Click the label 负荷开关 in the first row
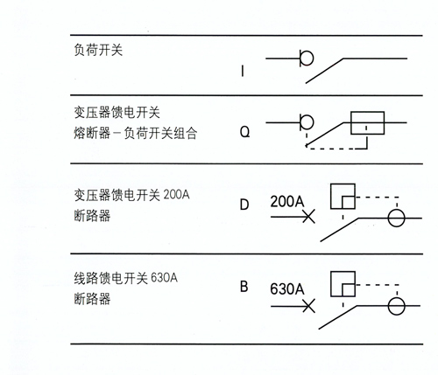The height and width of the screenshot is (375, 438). click(98, 50)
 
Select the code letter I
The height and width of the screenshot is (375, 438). click(243, 71)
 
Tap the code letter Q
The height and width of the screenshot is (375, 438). click(244, 132)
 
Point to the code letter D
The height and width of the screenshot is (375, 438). click(244, 205)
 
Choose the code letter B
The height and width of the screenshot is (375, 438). click(244, 287)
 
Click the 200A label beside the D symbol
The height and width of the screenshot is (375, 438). click(287, 201)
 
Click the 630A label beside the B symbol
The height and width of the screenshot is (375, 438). click(287, 289)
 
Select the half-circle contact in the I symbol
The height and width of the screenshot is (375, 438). click(313, 59)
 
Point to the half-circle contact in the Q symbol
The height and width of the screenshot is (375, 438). click(313, 122)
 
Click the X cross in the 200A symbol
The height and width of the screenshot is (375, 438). click(308, 217)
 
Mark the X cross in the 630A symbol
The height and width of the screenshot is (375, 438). click(308, 306)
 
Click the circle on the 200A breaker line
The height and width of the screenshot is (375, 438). click(388, 218)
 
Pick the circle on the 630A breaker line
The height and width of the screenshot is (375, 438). click(388, 306)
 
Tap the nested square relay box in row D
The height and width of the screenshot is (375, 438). click(331, 196)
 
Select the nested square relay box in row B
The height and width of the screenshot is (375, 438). click(331, 284)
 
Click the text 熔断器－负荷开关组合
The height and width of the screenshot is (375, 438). click(136, 134)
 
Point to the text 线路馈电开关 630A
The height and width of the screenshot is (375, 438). click(126, 278)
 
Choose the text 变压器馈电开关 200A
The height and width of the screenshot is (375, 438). click(131, 195)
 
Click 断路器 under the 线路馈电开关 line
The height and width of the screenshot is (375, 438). click(92, 299)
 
